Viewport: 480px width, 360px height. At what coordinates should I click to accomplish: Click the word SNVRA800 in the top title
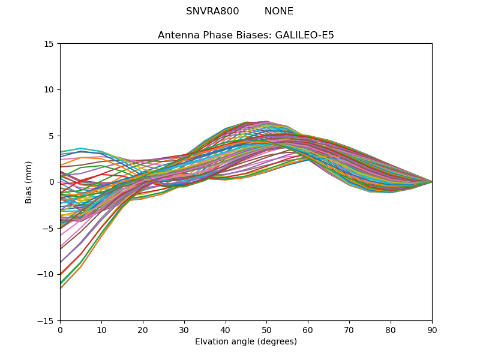(x=212, y=11)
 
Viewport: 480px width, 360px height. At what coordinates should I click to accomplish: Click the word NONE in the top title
(x=279, y=11)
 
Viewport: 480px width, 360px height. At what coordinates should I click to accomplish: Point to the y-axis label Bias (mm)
(x=29, y=182)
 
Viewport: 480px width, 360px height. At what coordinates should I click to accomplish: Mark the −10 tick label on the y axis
(x=47, y=275)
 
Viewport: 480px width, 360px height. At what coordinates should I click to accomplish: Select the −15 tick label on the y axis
(x=47, y=321)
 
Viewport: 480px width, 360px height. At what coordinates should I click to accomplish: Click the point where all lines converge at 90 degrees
(x=431, y=182)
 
